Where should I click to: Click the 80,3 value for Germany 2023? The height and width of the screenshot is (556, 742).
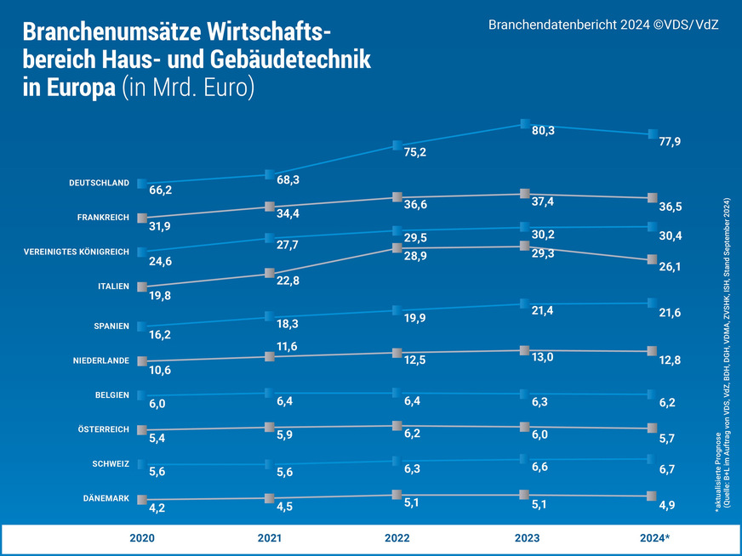coord(543,131)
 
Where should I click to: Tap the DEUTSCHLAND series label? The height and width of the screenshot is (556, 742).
coord(99,183)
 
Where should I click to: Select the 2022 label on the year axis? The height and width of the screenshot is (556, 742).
coord(397,539)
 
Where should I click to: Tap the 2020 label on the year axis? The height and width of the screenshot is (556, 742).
coord(142,539)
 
